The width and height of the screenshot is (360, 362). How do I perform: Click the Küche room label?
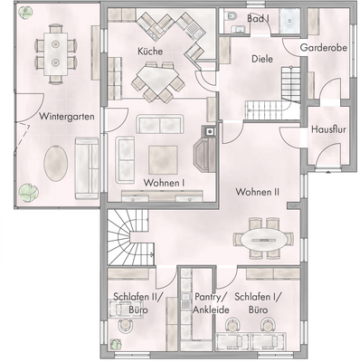click(150, 52)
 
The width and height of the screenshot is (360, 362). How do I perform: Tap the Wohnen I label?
click(164, 182)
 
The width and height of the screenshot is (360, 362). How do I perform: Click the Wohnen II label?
click(258, 193)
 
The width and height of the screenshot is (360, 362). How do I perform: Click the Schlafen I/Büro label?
click(257, 303)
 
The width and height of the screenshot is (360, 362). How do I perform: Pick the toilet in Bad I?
click(232, 19)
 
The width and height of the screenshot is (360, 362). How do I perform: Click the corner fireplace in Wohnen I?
click(208, 145)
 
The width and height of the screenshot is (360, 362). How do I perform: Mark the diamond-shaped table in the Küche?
click(164, 82)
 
